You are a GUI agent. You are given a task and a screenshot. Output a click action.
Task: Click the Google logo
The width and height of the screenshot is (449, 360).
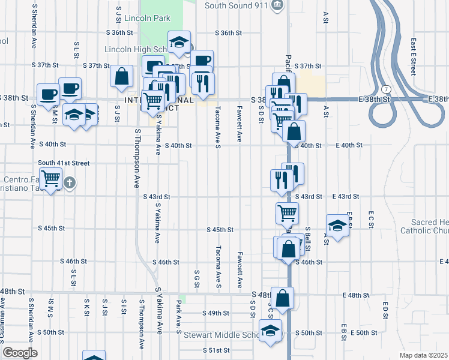click(20, 353)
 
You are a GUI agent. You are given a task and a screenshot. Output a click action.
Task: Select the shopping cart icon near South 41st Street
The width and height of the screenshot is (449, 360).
click(51, 178)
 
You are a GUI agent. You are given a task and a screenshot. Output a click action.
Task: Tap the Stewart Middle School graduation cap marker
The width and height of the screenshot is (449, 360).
click(270, 330)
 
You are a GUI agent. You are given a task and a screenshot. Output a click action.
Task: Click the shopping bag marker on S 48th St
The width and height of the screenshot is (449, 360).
click(282, 297)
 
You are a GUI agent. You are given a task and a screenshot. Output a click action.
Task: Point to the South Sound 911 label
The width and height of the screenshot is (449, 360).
click(235, 5)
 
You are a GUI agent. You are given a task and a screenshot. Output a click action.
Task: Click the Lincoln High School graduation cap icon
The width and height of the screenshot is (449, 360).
click(179, 41)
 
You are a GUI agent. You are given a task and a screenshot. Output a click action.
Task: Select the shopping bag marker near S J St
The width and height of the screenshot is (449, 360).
click(121, 76)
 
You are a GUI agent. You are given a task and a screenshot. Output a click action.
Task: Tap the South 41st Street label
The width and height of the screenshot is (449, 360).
click(64, 163)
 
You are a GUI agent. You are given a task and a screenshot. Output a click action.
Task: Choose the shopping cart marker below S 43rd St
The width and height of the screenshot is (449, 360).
click(287, 212)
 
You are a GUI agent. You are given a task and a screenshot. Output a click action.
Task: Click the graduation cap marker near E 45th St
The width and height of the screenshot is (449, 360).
click(337, 226)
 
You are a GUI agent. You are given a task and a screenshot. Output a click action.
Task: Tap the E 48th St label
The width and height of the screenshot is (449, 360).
click(356, 295)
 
